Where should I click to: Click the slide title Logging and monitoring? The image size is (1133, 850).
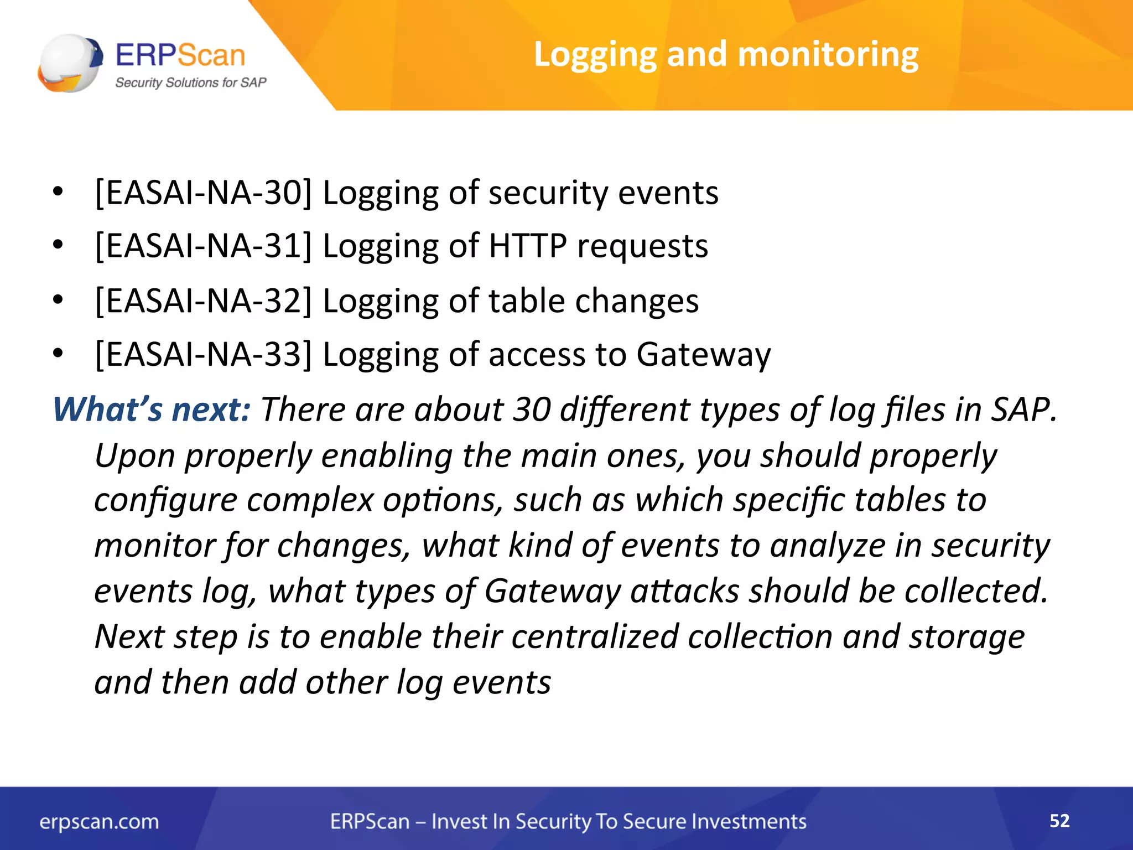tap(726, 55)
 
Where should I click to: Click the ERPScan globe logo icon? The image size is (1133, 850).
tap(70, 63)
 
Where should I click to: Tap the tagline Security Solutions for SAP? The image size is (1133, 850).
tap(190, 83)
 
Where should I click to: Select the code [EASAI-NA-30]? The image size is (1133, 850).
tap(203, 193)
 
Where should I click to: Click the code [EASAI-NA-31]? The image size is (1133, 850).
tap(203, 246)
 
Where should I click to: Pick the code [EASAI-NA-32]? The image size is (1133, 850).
tap(203, 301)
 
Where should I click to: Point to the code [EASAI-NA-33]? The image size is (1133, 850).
tap(203, 354)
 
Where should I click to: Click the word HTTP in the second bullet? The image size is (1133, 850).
tap(528, 246)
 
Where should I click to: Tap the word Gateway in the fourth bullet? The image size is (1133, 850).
tap(703, 355)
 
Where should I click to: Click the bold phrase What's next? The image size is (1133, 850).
tap(152, 410)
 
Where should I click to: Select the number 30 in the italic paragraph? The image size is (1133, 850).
tap(532, 410)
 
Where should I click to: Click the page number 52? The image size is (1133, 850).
tap(1059, 821)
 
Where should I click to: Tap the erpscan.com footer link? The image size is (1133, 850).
tap(99, 822)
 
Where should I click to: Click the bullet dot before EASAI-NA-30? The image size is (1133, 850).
tap(58, 193)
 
